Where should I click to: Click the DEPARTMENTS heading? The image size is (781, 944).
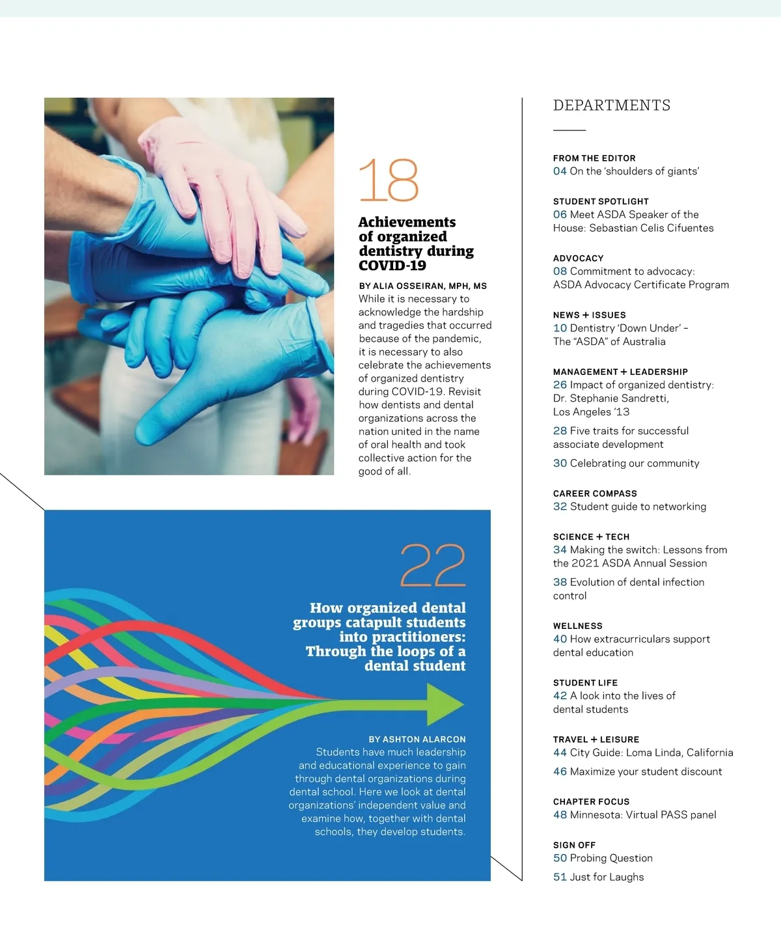(x=611, y=105)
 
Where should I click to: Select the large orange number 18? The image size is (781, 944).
(x=389, y=180)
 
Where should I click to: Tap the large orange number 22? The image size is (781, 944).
(x=433, y=565)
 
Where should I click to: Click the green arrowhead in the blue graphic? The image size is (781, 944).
(x=445, y=704)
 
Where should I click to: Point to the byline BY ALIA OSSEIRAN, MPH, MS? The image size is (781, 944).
(x=422, y=286)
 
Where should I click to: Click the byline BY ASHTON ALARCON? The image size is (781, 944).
(x=417, y=740)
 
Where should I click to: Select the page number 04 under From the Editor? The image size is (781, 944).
(x=560, y=171)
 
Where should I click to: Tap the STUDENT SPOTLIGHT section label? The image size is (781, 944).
(x=601, y=202)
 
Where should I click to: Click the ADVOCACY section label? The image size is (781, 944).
(x=578, y=258)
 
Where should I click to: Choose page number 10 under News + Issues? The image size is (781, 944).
(x=560, y=328)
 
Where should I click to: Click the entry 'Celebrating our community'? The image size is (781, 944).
(x=634, y=464)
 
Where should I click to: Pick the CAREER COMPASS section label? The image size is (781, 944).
(x=595, y=493)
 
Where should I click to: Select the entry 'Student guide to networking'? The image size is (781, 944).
(x=638, y=507)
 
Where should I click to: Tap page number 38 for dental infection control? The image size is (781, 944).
(x=560, y=582)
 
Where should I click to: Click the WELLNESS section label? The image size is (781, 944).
(x=577, y=626)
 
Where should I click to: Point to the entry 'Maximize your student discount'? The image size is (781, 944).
(x=646, y=771)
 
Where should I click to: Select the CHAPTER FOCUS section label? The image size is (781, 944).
(x=591, y=801)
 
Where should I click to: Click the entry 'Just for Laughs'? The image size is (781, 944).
(x=607, y=877)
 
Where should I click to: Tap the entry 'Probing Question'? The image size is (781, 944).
(x=611, y=858)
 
